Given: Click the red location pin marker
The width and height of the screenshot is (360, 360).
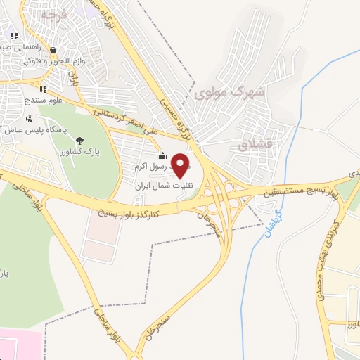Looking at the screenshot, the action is pos(181,165).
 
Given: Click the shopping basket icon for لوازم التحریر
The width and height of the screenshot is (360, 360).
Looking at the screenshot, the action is pos(53,51).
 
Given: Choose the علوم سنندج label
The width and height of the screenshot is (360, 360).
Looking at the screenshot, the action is pos(44,100).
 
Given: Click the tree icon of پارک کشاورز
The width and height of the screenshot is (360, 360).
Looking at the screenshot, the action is pos(79,140).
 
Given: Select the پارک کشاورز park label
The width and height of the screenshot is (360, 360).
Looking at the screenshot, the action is pos(82,151).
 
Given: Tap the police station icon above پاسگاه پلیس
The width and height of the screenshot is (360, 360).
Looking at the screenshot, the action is pos(28,117).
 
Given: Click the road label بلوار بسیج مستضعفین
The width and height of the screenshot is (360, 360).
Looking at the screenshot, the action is pos(295,188).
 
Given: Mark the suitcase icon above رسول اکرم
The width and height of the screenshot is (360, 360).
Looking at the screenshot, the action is pos(162,156).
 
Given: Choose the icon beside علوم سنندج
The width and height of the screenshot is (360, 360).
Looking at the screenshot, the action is pos(42,89).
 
